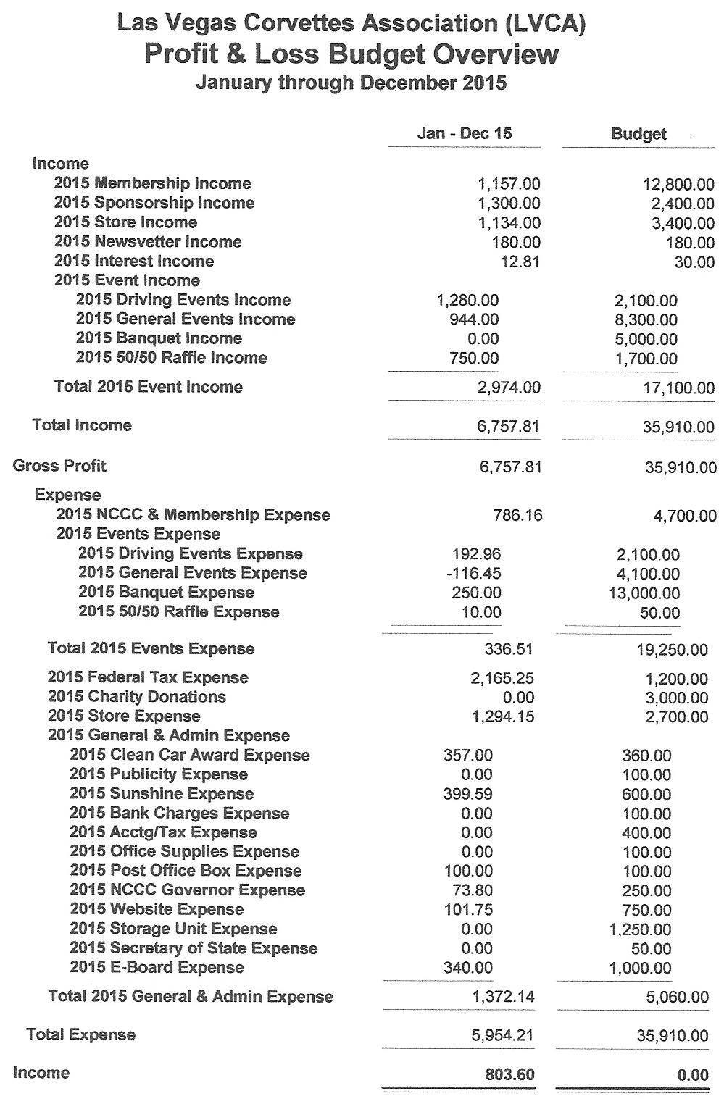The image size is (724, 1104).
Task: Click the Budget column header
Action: pyautogui.click(x=638, y=134)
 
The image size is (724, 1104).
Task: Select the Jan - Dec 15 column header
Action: pyautogui.click(x=464, y=134)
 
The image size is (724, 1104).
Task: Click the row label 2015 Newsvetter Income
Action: pyautogui.click(x=148, y=242)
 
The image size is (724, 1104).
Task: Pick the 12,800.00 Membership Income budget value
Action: pyautogui.click(x=679, y=185)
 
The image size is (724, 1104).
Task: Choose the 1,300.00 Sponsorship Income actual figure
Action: pyautogui.click(x=509, y=204)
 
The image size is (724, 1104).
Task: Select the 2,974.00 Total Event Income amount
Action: pyautogui.click(x=509, y=388)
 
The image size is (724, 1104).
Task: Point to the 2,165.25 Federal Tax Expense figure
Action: pyautogui.click(x=502, y=679)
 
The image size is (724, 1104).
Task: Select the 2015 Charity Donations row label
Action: pyautogui.click(x=137, y=697)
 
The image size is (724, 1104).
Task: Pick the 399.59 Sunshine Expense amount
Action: pyautogui.click(x=467, y=795)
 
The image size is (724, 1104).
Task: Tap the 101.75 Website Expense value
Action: pyautogui.click(x=467, y=910)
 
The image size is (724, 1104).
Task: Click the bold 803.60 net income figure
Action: pyautogui.click(x=509, y=1074)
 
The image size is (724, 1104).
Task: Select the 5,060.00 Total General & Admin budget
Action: pyautogui.click(x=677, y=998)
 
